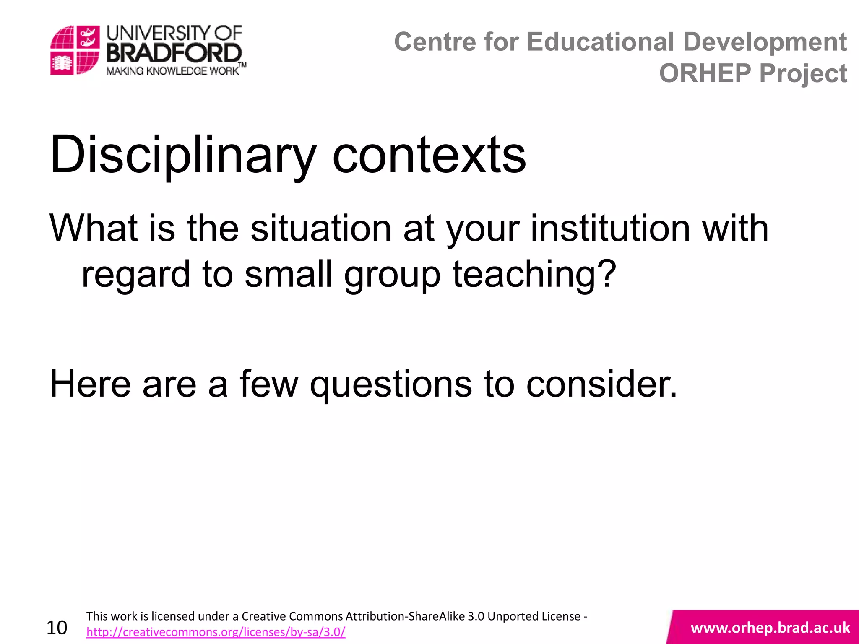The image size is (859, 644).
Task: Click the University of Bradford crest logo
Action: (x=75, y=50)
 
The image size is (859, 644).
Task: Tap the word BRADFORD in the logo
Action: (x=174, y=54)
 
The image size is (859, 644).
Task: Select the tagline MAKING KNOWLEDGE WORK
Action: (x=172, y=71)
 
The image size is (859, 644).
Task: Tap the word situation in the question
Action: (x=321, y=229)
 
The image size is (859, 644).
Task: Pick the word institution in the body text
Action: (x=610, y=229)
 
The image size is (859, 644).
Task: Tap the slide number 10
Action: (x=57, y=628)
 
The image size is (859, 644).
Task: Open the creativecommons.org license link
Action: (x=216, y=632)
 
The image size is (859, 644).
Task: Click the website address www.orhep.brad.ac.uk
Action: (x=770, y=628)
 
